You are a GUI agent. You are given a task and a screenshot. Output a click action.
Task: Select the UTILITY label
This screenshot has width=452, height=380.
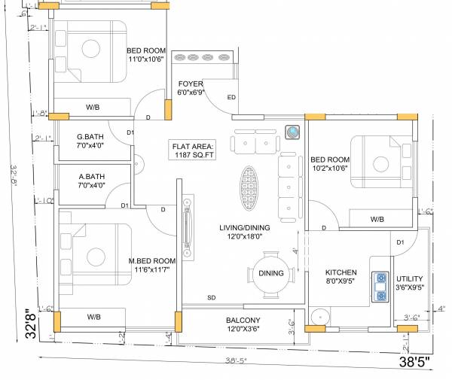pyautogui.click(x=409, y=281)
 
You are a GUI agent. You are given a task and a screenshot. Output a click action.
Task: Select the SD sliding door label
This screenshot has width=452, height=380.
pyautogui.click(x=212, y=299)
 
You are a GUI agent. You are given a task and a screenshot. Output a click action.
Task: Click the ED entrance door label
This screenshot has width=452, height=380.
pyautogui.click(x=231, y=98)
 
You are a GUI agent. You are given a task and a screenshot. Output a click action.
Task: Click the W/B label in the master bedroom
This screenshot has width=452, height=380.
pyautogui.click(x=93, y=317)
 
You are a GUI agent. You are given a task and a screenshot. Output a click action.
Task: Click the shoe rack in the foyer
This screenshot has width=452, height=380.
pyautogui.click(x=202, y=58)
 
